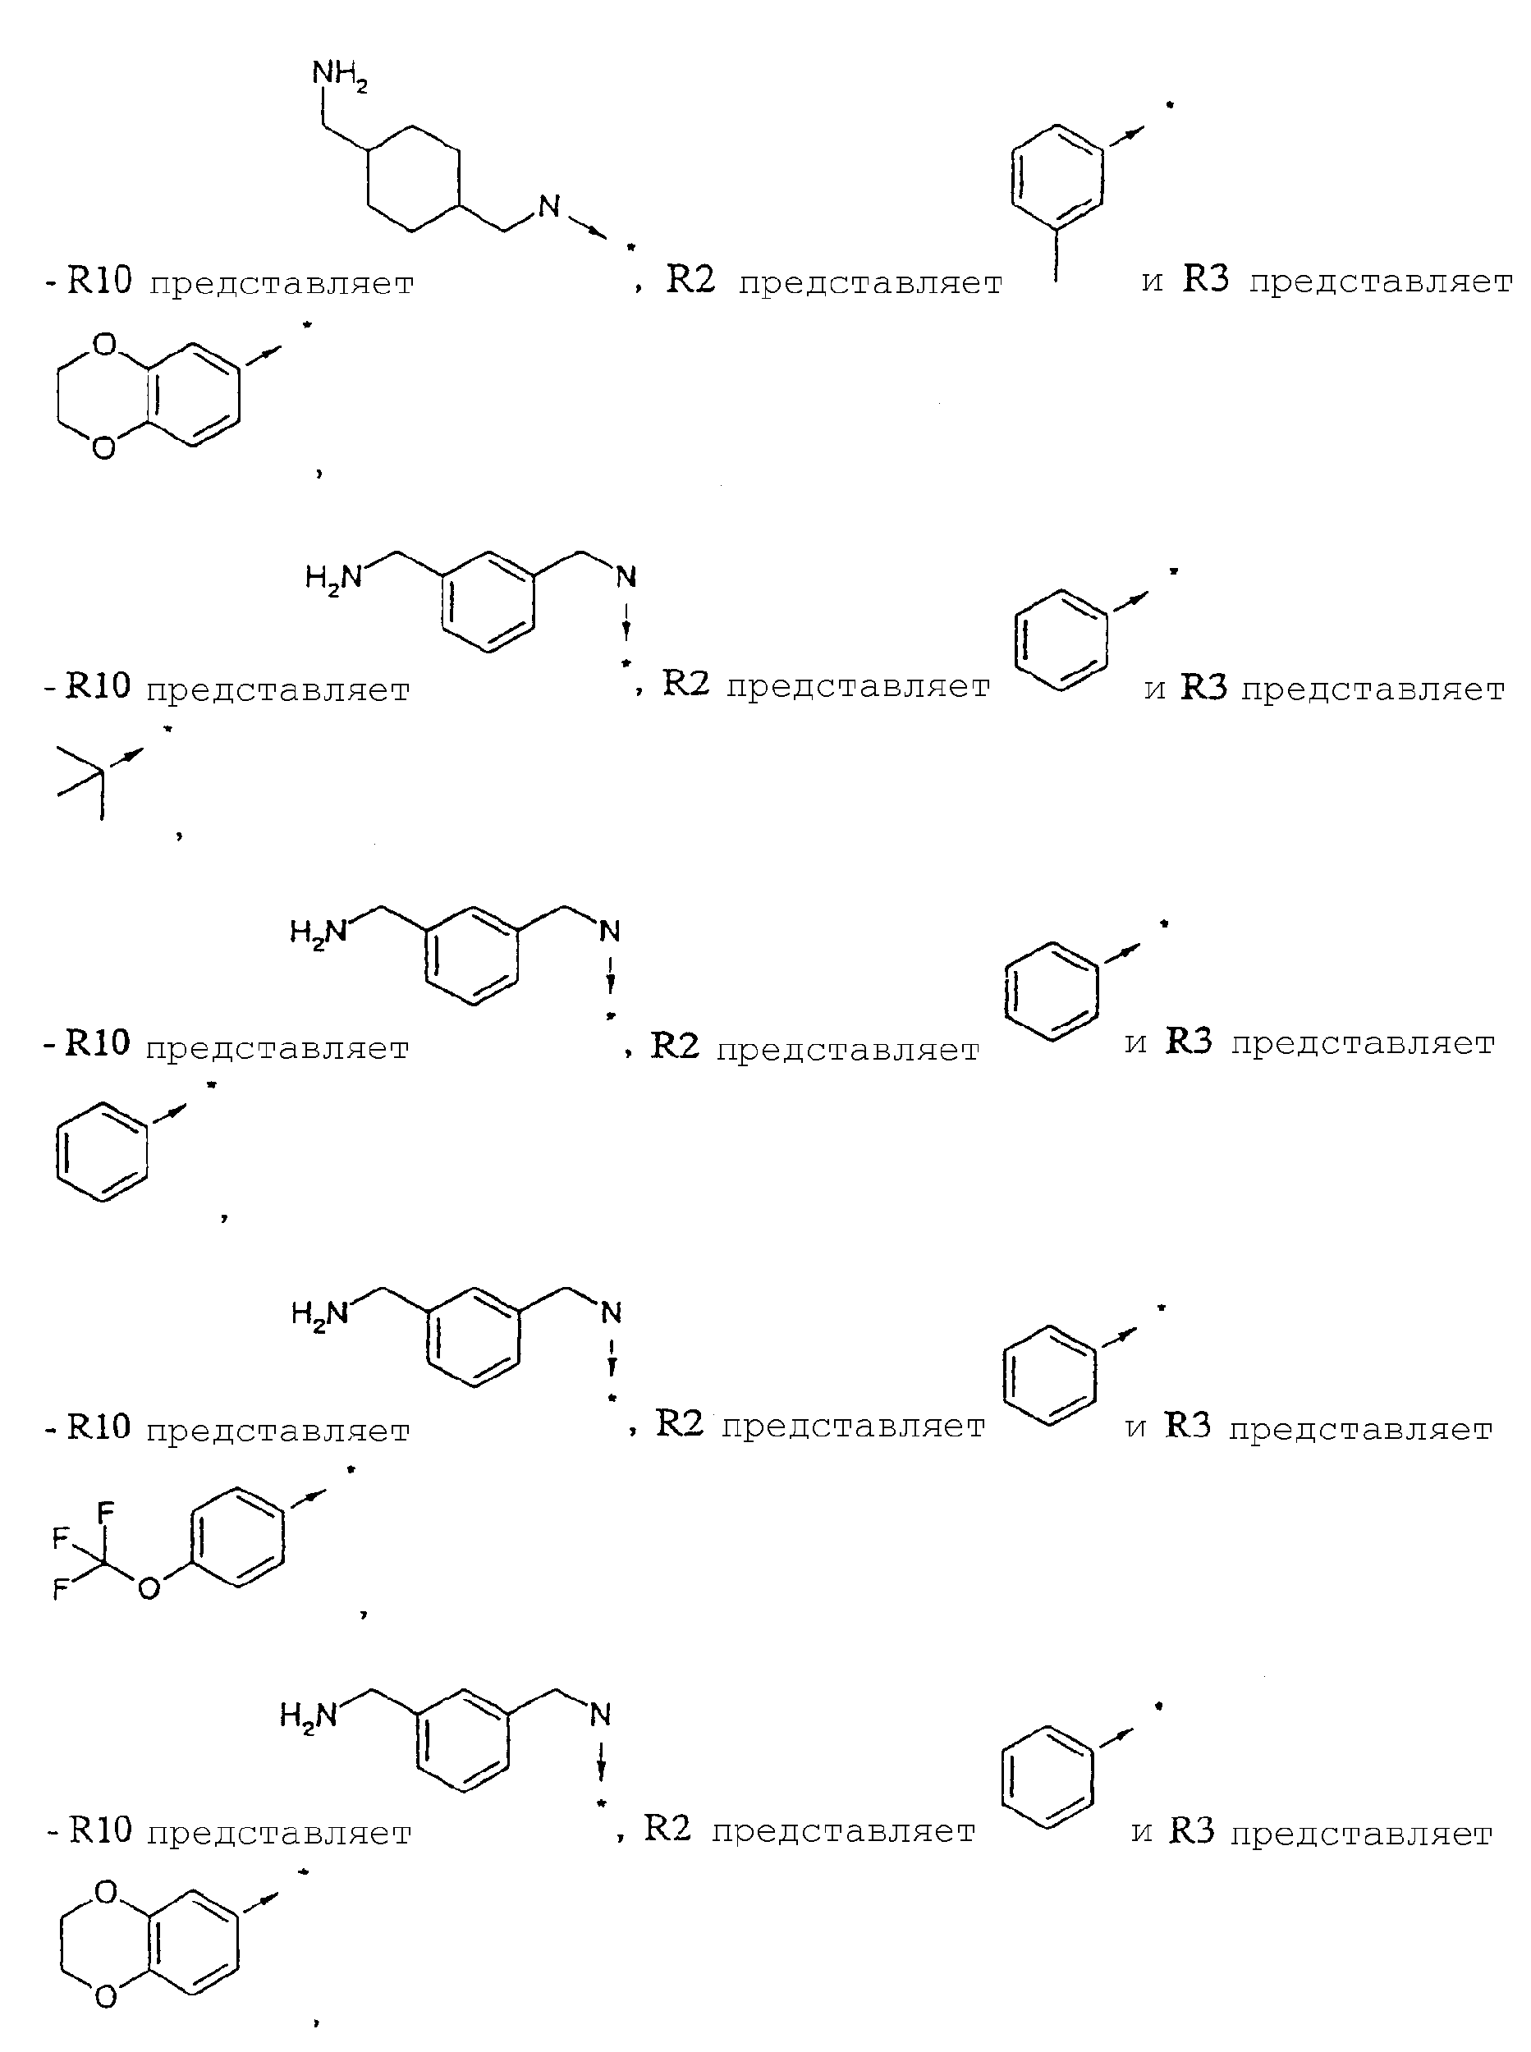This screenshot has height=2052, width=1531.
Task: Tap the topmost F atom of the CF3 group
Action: [x=105, y=1513]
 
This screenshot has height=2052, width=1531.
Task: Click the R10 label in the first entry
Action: [x=100, y=280]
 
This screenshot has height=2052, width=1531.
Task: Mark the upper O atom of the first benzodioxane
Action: [x=105, y=346]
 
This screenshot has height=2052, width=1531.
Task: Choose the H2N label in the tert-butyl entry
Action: [x=333, y=579]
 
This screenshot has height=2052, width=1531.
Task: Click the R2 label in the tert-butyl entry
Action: [x=685, y=683]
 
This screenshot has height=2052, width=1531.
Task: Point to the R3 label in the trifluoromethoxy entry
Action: [x=1188, y=1425]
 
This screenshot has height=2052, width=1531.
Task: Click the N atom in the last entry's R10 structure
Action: [x=601, y=1715]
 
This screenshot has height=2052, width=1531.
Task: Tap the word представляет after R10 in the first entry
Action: [x=282, y=283]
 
